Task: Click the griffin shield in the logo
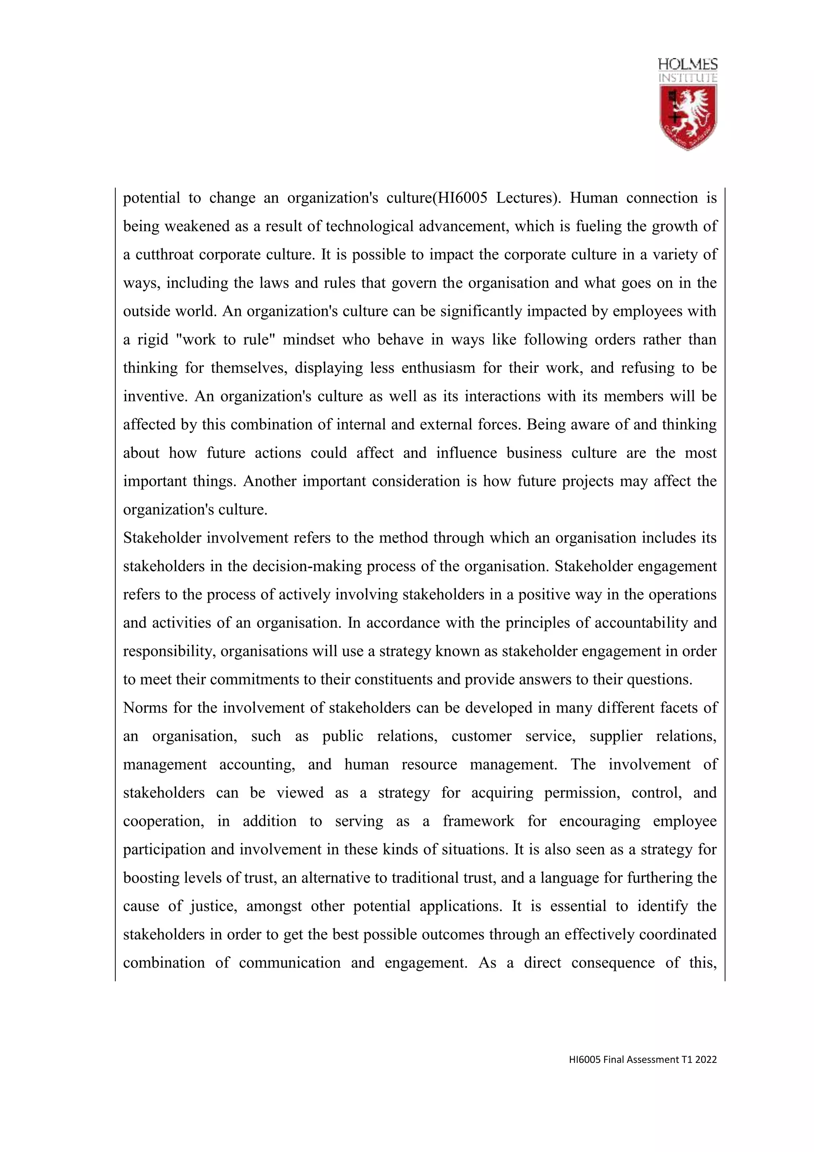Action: click(688, 117)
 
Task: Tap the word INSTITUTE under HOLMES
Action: click(688, 78)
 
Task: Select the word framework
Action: click(478, 821)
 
